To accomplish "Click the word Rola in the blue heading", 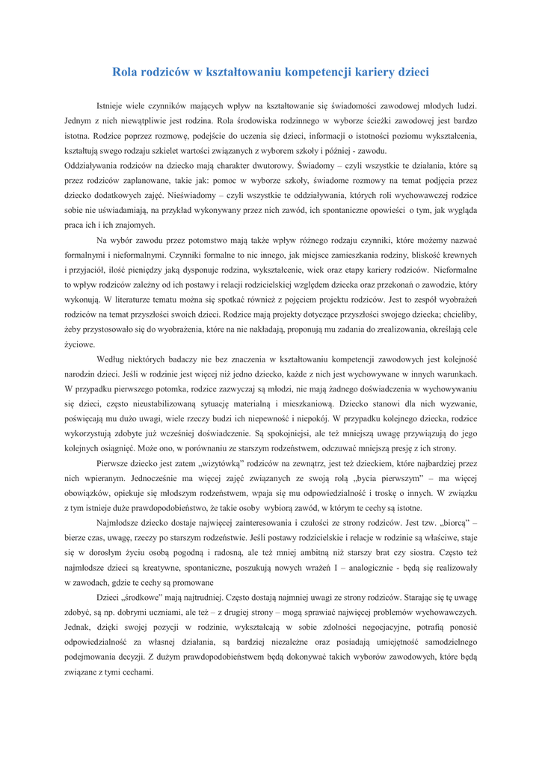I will click(x=126, y=72).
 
